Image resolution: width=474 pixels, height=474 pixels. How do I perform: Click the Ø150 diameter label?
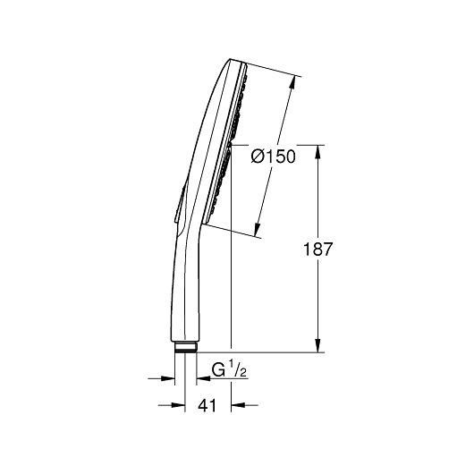click(273, 157)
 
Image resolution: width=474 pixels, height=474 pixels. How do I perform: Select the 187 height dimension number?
click(317, 250)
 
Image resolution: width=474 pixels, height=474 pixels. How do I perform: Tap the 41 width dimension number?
click(207, 405)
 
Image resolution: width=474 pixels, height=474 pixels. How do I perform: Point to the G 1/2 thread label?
click(229, 370)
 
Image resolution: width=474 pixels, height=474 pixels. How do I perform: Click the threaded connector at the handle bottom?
click(186, 347)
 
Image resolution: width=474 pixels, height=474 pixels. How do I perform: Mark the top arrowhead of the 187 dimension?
click(317, 152)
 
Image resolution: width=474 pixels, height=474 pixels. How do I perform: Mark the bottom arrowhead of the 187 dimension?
click(317, 345)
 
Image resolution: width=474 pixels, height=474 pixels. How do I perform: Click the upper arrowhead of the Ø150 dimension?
click(292, 82)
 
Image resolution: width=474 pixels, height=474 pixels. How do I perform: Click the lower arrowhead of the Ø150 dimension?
click(257, 230)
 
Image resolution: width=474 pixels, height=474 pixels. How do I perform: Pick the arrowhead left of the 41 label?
click(178, 405)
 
